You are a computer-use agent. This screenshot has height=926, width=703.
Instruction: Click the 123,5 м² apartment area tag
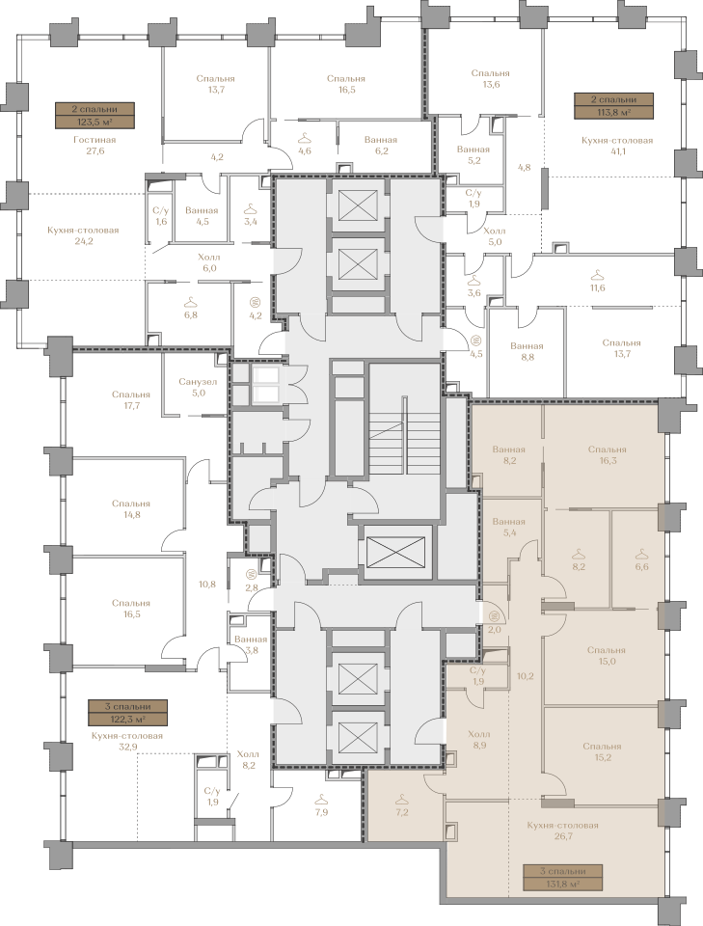(95, 116)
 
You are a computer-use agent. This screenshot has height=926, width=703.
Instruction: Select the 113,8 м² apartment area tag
(614, 106)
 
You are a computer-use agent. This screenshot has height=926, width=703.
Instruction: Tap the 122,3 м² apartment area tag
(127, 713)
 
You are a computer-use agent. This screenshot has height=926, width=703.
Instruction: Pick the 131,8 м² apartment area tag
(562, 878)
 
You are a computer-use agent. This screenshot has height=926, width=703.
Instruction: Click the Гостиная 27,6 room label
(95, 146)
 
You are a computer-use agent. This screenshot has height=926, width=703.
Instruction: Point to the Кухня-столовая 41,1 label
(617, 146)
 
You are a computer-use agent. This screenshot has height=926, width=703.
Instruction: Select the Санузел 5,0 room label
(198, 387)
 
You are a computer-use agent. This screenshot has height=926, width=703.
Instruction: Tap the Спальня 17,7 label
(131, 399)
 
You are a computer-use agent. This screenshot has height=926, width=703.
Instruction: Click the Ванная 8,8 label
(527, 351)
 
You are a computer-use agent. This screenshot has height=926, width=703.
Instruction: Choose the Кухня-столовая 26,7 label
(562, 831)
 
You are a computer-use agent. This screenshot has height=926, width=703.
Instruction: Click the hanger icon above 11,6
(598, 275)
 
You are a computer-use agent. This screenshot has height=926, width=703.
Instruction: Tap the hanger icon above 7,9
(321, 800)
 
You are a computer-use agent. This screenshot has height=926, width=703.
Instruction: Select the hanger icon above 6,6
(641, 554)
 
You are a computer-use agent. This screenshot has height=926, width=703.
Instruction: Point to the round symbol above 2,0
(496, 616)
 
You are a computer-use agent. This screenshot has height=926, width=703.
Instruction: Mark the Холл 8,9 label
(478, 740)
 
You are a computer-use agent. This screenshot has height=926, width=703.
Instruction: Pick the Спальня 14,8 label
(131, 509)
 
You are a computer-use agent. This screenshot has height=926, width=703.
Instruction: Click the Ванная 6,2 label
(381, 146)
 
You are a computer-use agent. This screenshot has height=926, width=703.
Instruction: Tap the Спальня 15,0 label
(607, 656)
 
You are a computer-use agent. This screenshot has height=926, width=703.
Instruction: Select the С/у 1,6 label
(161, 215)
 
